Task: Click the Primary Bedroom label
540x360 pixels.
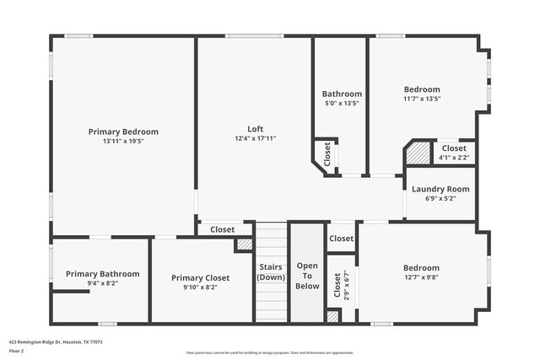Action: point(123,132)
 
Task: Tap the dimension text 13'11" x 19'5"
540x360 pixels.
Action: point(123,141)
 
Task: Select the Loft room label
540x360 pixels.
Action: point(255,129)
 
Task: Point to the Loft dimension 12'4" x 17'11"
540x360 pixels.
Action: point(255,138)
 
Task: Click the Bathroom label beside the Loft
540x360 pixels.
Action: point(342,94)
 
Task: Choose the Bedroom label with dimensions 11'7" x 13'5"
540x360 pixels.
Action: point(421,89)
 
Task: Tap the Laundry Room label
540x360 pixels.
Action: point(440,189)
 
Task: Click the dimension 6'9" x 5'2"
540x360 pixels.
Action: point(440,198)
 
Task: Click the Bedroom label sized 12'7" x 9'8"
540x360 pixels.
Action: point(421,267)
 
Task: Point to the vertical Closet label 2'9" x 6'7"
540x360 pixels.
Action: point(337,289)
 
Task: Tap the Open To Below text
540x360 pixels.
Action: point(307,276)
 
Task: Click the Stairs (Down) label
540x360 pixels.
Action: point(271,272)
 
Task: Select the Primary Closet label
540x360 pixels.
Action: point(200,277)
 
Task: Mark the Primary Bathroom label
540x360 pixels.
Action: point(103,274)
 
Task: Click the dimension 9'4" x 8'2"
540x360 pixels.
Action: point(103,283)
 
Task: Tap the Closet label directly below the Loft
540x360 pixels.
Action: point(223,229)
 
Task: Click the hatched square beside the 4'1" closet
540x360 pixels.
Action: point(418,153)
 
